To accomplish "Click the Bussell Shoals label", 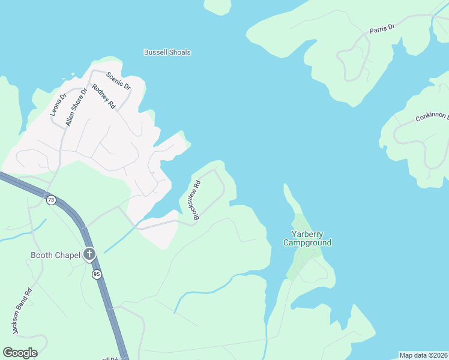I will point(167,52).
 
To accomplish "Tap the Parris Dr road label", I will point(382,28).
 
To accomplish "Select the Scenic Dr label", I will point(118,80).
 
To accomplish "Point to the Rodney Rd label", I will point(103,97).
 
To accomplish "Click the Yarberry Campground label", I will point(307,238).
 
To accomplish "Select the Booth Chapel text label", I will point(55,255).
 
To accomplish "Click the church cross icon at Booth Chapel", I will point(89,254).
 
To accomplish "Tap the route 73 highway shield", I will point(51,200).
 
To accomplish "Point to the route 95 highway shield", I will point(97,274).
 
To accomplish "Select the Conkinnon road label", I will point(432,114).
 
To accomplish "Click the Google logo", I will point(20,353).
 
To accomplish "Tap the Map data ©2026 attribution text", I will point(423,355).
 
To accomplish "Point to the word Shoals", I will point(179,52).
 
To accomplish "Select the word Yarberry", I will point(307,234).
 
